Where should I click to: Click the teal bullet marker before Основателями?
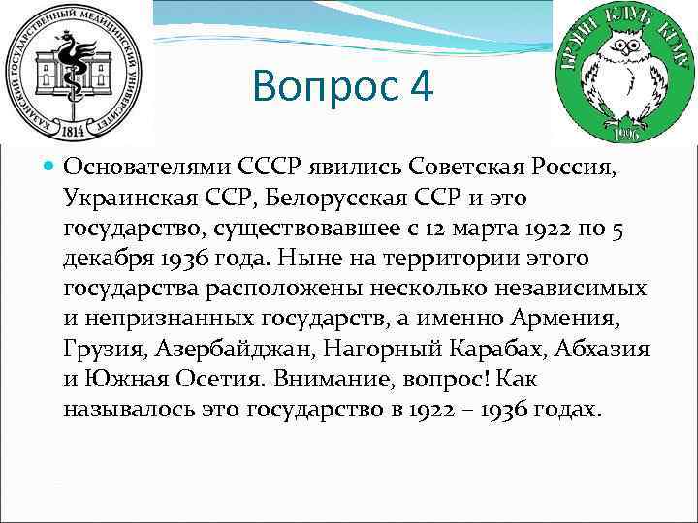49,166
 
